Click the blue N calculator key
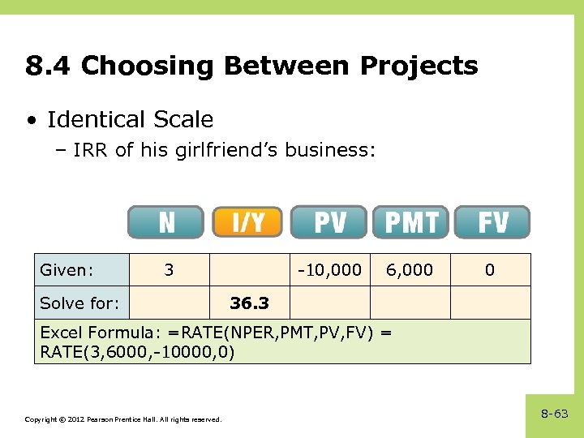(x=165, y=222)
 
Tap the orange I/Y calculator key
(x=248, y=222)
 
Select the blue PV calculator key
(x=329, y=222)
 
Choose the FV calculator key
(x=492, y=222)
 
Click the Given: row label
(x=67, y=270)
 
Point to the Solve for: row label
(x=79, y=303)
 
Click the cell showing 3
(x=169, y=270)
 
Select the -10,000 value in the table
(x=329, y=270)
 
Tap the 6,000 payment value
(x=410, y=270)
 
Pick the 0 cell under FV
(x=490, y=270)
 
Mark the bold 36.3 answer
(x=249, y=303)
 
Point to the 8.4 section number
(x=49, y=66)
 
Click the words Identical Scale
(x=130, y=120)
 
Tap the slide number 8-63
(x=555, y=414)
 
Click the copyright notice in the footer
(x=122, y=419)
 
